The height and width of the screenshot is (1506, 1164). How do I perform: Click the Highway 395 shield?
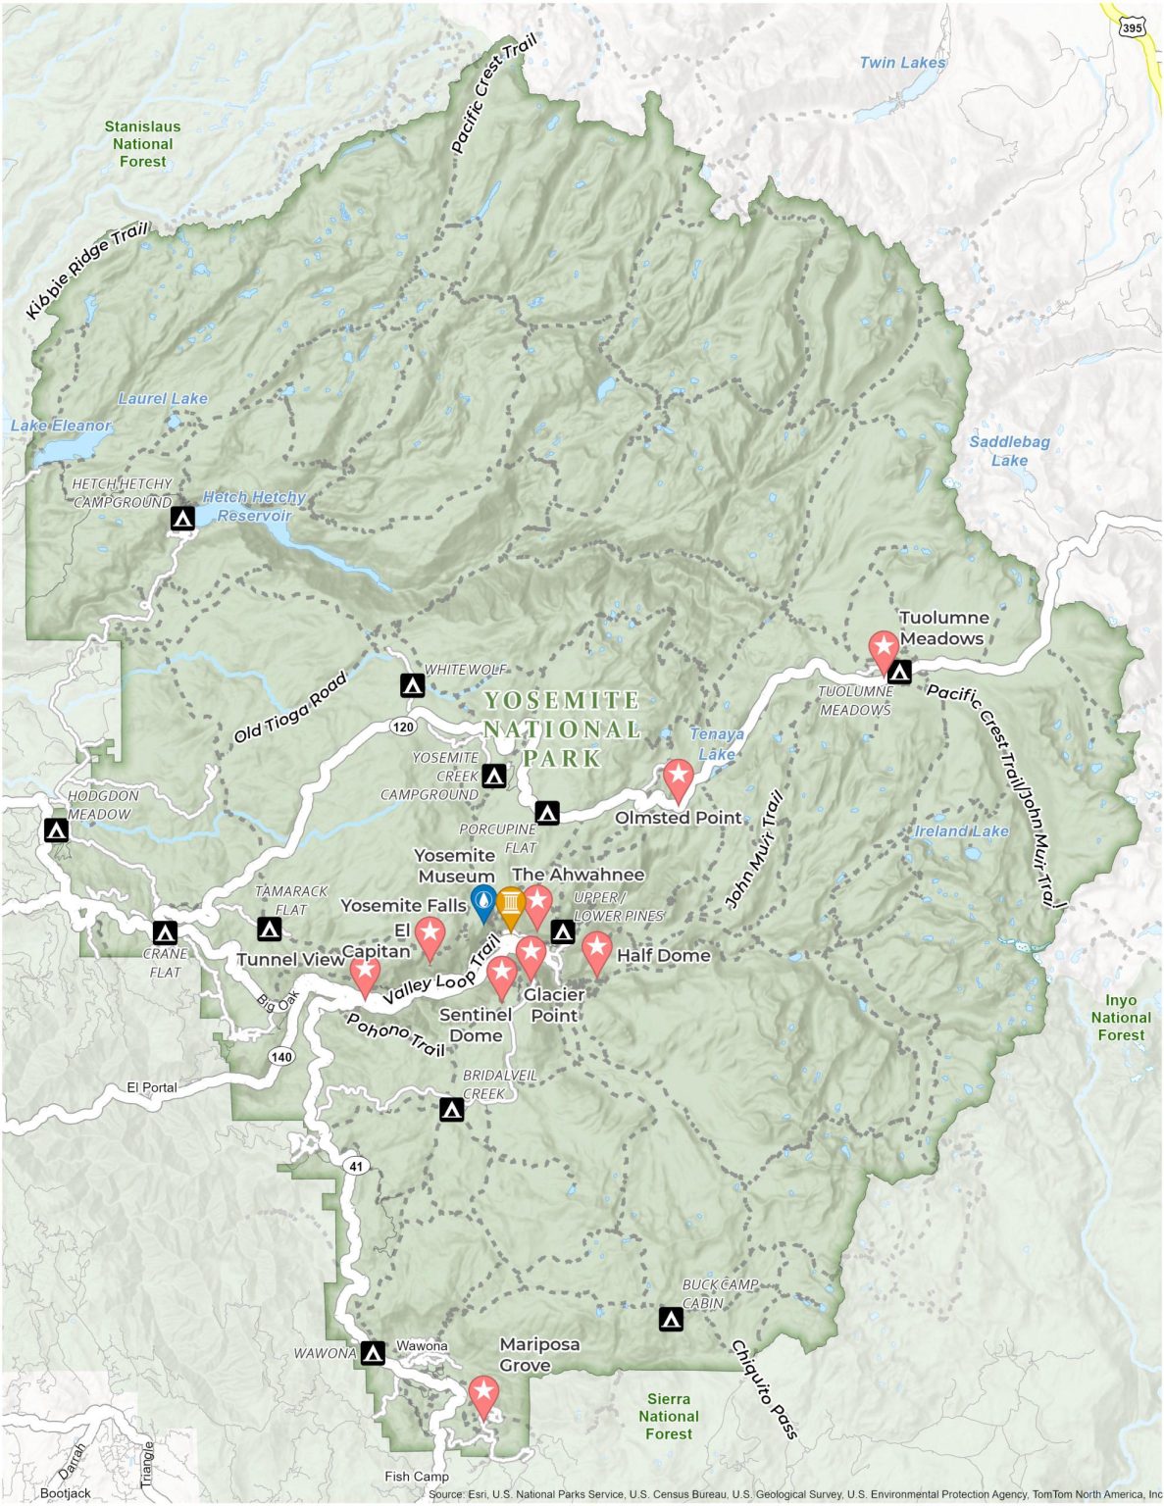(x=1133, y=27)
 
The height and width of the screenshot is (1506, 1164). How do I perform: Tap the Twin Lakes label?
(x=902, y=63)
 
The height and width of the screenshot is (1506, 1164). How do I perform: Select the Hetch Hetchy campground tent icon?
(x=182, y=518)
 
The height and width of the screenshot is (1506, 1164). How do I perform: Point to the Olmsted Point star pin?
(x=678, y=778)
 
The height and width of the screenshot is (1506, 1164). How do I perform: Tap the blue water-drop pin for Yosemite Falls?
(x=483, y=901)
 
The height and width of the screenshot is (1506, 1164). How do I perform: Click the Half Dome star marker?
(x=596, y=950)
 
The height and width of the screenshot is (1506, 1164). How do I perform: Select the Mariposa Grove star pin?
(x=482, y=1393)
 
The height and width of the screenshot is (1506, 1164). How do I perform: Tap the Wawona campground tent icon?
(x=372, y=1353)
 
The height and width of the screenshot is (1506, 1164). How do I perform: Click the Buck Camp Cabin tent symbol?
(x=671, y=1319)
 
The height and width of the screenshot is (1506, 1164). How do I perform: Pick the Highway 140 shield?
(x=280, y=1057)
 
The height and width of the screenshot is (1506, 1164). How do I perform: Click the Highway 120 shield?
(x=402, y=727)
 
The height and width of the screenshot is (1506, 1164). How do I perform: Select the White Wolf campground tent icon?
(x=413, y=685)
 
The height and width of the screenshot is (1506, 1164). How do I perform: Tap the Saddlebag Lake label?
(x=1009, y=451)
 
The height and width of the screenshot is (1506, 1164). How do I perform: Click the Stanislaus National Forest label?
(x=143, y=144)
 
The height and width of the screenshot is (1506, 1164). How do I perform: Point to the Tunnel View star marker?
(x=365, y=974)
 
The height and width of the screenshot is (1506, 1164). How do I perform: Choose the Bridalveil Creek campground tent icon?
(x=451, y=1110)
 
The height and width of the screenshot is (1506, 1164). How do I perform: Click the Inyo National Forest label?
(x=1121, y=1018)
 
